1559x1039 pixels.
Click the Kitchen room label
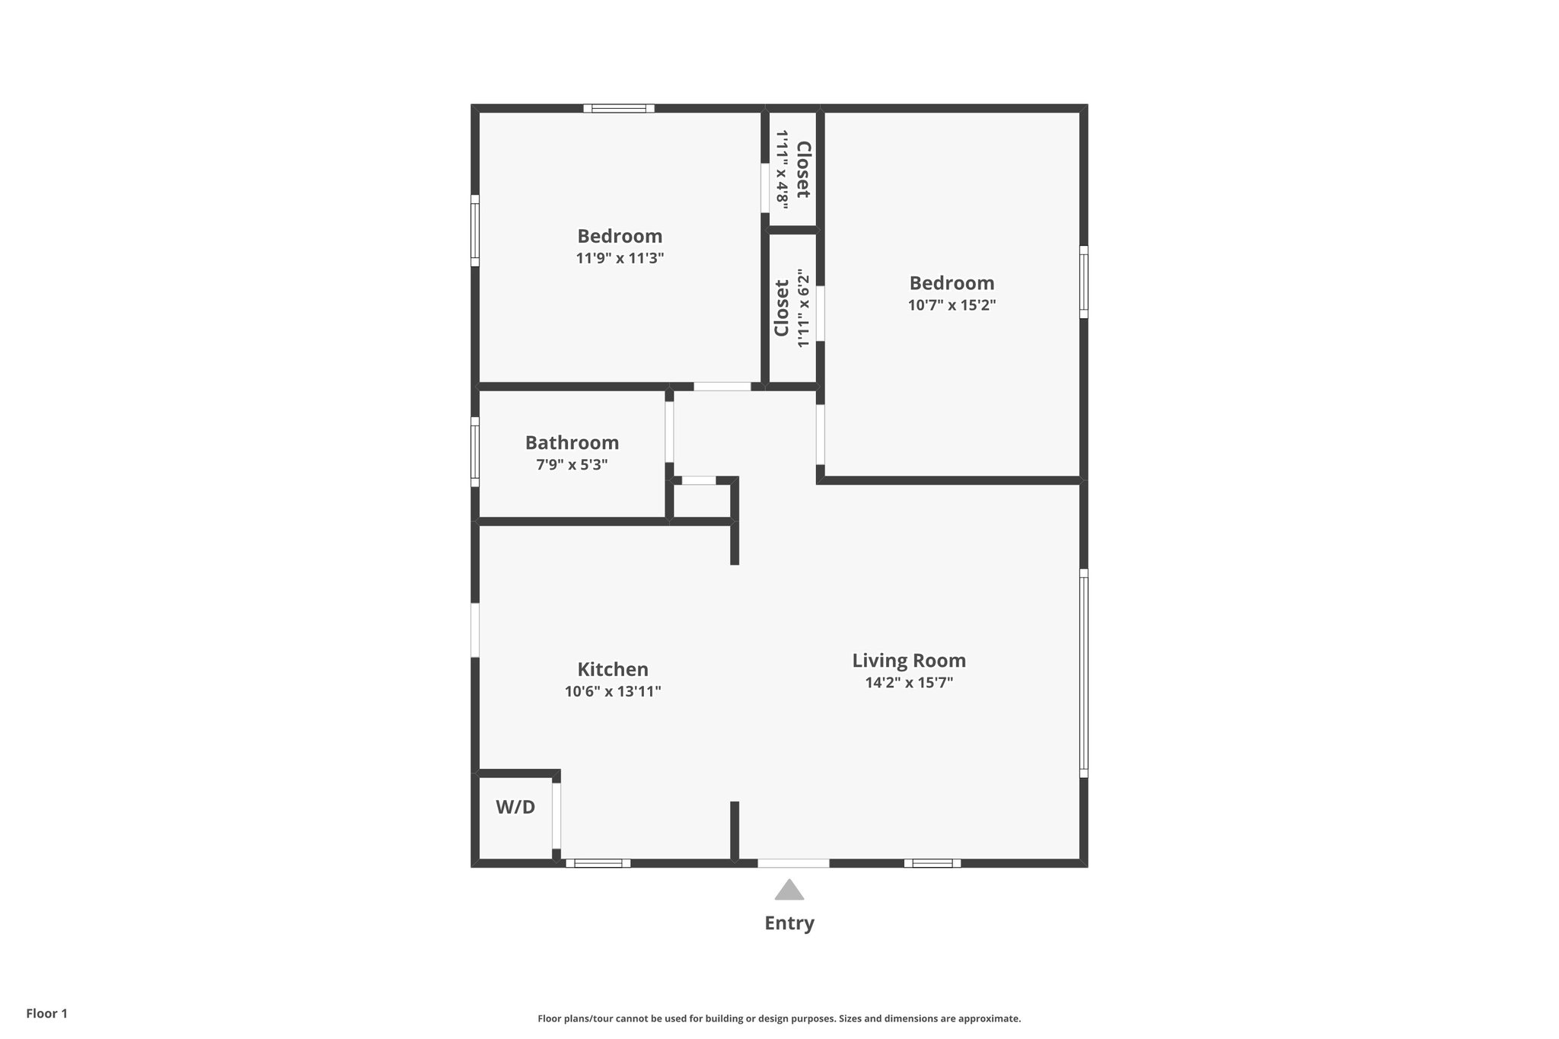point(613,670)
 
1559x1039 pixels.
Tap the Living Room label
point(909,661)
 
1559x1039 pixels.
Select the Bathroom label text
point(572,443)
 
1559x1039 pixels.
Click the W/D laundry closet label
point(515,808)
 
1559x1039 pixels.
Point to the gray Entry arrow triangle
point(789,891)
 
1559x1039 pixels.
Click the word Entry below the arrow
point(789,923)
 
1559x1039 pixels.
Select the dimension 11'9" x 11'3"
point(620,259)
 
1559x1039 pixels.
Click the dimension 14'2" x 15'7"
point(909,683)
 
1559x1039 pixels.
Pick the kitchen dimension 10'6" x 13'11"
point(613,692)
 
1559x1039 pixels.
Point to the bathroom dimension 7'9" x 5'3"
point(572,465)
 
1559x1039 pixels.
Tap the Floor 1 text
point(46,1014)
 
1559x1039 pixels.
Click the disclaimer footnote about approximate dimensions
point(779,1018)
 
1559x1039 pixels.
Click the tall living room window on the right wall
point(1084,673)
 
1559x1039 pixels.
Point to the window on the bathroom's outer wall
point(475,451)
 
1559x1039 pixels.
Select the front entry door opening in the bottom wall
point(793,863)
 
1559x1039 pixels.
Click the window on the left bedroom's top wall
point(619,108)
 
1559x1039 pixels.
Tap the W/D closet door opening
point(556,816)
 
